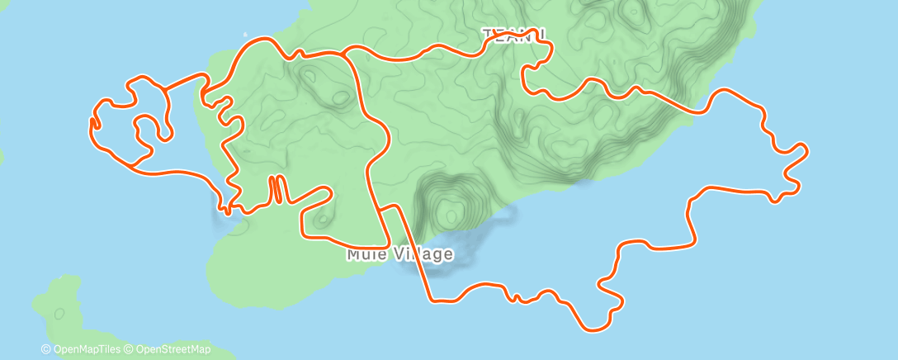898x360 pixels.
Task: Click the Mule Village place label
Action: click(x=399, y=253)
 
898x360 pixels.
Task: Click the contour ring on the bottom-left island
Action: click(x=59, y=314)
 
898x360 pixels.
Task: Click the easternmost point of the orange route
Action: click(x=806, y=150)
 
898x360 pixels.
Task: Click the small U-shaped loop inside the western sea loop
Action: click(x=149, y=128)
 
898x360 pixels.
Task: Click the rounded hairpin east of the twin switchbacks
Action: click(x=329, y=193)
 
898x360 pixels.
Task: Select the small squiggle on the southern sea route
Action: click(x=515, y=296)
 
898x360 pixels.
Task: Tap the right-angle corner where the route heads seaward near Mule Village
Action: click(x=398, y=206)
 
